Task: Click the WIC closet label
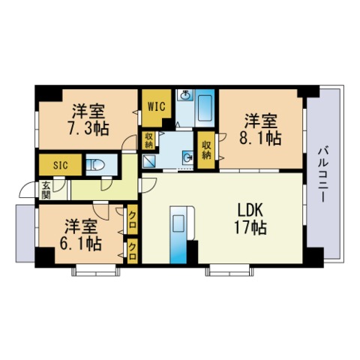click(157, 106)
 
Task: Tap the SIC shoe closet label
click(60, 165)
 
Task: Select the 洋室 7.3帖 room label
click(88, 120)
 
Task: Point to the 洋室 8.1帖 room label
click(260, 130)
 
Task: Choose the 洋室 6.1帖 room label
click(81, 235)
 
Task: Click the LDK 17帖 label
click(250, 219)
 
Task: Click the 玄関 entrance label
click(46, 190)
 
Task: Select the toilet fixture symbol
click(96, 165)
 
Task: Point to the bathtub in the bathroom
click(205, 108)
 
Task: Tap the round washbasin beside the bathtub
click(184, 95)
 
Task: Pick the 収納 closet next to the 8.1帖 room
click(206, 150)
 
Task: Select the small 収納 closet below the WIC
click(148, 140)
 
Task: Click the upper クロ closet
click(133, 220)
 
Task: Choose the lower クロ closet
click(133, 251)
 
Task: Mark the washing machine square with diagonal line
click(149, 161)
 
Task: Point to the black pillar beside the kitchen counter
click(192, 252)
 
